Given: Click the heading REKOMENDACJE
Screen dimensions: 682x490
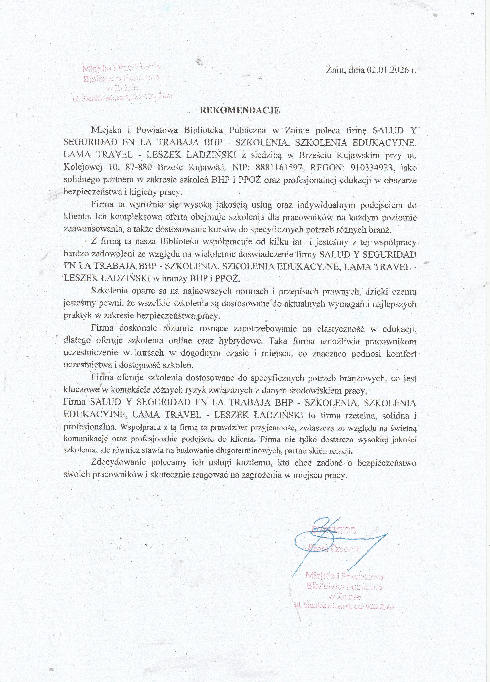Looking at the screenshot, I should [240, 110].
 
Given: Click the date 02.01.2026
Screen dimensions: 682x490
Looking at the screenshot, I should [388, 70].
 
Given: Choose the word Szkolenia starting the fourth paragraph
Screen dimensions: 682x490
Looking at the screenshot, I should [110, 291].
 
